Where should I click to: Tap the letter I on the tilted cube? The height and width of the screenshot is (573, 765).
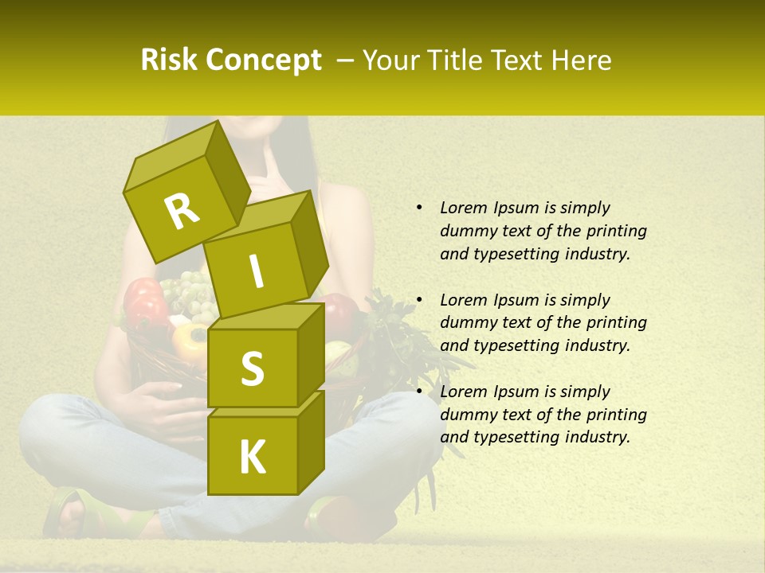click(x=257, y=271)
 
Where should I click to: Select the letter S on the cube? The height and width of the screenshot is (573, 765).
click(x=252, y=368)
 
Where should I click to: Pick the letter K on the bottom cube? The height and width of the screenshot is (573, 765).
click(x=252, y=457)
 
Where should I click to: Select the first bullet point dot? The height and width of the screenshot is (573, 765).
click(x=418, y=208)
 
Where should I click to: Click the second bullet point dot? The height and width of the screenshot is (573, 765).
click(x=418, y=300)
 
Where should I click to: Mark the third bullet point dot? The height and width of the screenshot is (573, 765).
click(x=418, y=392)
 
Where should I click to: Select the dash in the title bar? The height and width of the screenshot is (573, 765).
click(x=346, y=60)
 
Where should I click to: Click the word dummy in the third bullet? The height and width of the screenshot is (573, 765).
click(x=467, y=415)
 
